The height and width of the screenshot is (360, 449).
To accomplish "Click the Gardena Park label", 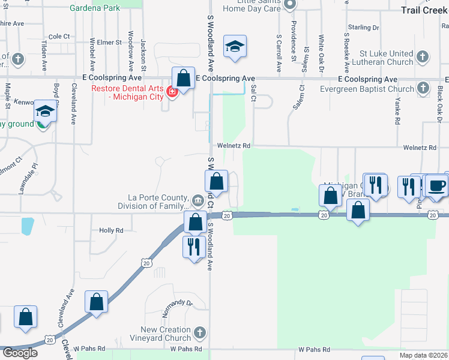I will click(95, 8).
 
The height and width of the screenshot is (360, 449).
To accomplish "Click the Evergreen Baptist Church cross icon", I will click(423, 89).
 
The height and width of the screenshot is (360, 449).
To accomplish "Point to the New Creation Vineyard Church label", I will click(166, 334).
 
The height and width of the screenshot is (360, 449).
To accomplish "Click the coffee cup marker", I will click(436, 185).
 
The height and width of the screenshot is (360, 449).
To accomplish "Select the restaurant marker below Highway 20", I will click(193, 246).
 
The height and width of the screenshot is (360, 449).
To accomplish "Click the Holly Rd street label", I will click(111, 230).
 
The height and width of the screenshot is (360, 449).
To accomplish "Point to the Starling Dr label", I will click(364, 28).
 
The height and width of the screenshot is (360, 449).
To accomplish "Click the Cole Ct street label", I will click(59, 37).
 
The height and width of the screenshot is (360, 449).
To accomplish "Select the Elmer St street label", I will click(109, 43).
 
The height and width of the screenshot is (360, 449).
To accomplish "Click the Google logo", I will click(20, 353).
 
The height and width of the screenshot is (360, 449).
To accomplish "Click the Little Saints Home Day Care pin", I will click(290, 5).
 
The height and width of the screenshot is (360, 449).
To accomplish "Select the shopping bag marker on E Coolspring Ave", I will click(184, 77).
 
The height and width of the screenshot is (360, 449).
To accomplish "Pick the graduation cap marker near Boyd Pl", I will click(45, 110).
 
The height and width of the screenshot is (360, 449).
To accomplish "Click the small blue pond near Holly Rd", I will click(27, 226).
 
